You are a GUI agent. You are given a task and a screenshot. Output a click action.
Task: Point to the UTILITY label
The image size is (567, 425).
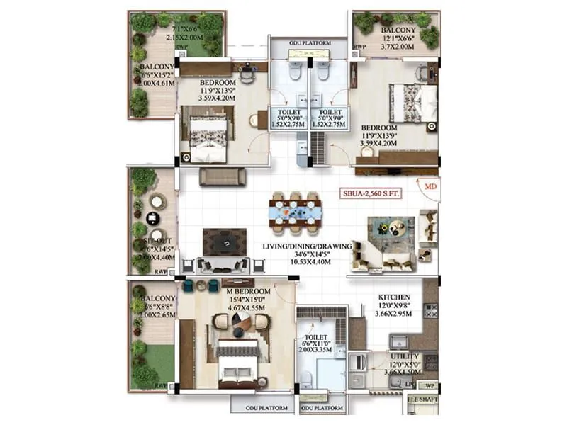[x=405, y=356]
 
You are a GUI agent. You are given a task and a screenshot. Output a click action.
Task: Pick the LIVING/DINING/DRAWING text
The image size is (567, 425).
[x=307, y=246]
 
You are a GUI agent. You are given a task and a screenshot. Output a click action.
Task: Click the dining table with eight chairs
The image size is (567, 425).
[x=296, y=211]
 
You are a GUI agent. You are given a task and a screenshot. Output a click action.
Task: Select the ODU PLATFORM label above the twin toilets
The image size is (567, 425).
[x=310, y=43]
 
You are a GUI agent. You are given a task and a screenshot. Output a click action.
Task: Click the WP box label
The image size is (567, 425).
[x=430, y=386]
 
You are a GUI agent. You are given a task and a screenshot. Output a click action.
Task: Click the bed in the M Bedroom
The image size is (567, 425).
[x=237, y=361]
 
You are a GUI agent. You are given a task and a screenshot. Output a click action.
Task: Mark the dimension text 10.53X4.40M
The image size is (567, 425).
[x=307, y=262]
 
